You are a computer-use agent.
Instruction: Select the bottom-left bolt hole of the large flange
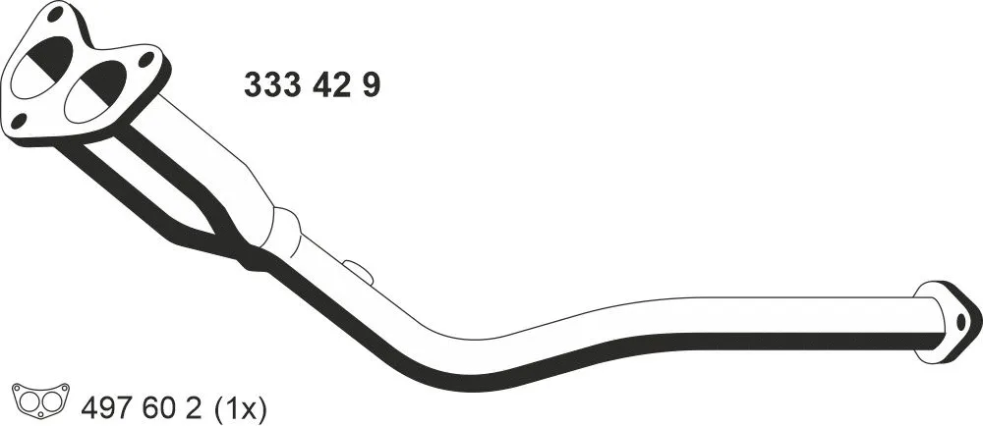coord(19,122)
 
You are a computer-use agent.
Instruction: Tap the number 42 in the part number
coord(332,85)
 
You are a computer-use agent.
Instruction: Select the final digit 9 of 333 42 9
coord(371,85)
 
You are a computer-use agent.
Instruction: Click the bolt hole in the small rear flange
coord(960,320)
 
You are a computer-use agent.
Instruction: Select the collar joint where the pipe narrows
coord(282,231)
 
